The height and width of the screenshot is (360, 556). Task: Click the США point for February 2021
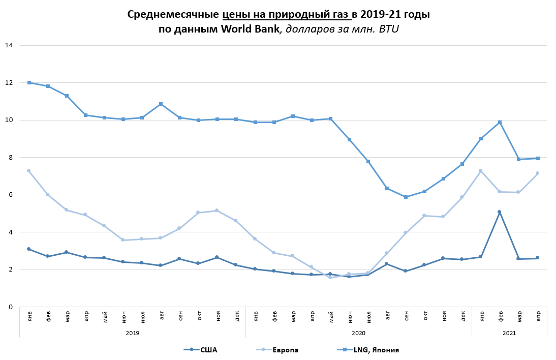tap(500, 212)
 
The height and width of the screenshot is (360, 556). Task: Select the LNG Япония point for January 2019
tap(29, 82)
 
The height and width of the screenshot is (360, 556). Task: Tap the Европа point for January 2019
tap(29, 170)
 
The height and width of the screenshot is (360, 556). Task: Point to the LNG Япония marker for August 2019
tap(161, 104)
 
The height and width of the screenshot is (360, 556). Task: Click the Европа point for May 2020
tap(330, 277)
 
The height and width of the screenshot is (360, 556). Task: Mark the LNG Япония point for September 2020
tap(406, 197)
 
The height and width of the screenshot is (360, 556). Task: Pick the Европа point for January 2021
tap(480, 170)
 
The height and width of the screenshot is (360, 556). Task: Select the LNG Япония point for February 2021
tap(500, 122)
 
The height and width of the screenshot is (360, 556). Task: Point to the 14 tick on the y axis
tap(9, 45)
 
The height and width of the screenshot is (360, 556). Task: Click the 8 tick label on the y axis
tap(10, 158)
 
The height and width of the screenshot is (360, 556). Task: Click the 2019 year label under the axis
tap(132, 333)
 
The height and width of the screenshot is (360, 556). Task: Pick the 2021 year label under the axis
tap(509, 333)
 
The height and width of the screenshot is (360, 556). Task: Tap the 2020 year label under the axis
tap(358, 333)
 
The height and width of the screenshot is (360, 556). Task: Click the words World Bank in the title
tap(250, 29)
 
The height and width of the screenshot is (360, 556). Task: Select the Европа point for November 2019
tap(217, 210)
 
